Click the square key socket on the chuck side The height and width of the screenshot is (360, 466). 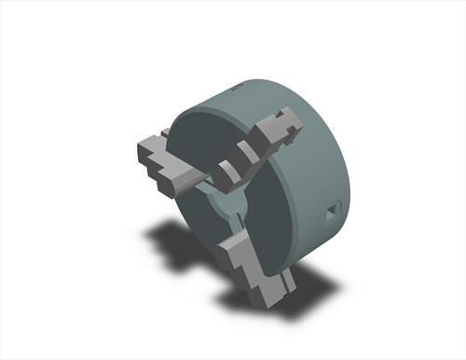click(x=331, y=215)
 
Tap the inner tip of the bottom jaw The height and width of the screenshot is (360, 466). click(x=233, y=224)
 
